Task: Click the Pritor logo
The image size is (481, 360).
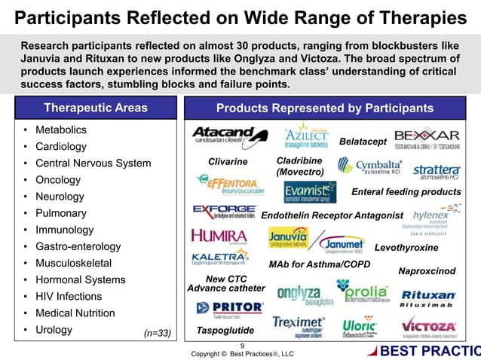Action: tap(229, 308)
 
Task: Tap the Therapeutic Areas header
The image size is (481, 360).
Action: tap(96, 108)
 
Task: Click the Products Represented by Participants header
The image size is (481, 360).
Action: tap(325, 108)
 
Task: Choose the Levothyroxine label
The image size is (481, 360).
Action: tap(406, 247)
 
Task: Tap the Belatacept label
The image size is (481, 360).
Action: tap(363, 142)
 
